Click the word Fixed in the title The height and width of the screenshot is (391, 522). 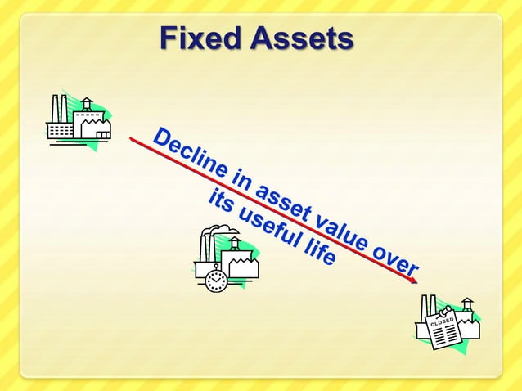196,38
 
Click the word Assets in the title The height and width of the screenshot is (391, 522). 303,38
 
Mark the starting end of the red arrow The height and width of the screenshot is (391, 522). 131,139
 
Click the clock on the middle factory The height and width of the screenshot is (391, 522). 215,281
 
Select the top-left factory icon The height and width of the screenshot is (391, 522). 78,121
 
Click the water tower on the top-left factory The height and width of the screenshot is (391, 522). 87,105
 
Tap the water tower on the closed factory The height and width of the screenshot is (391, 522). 466,306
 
